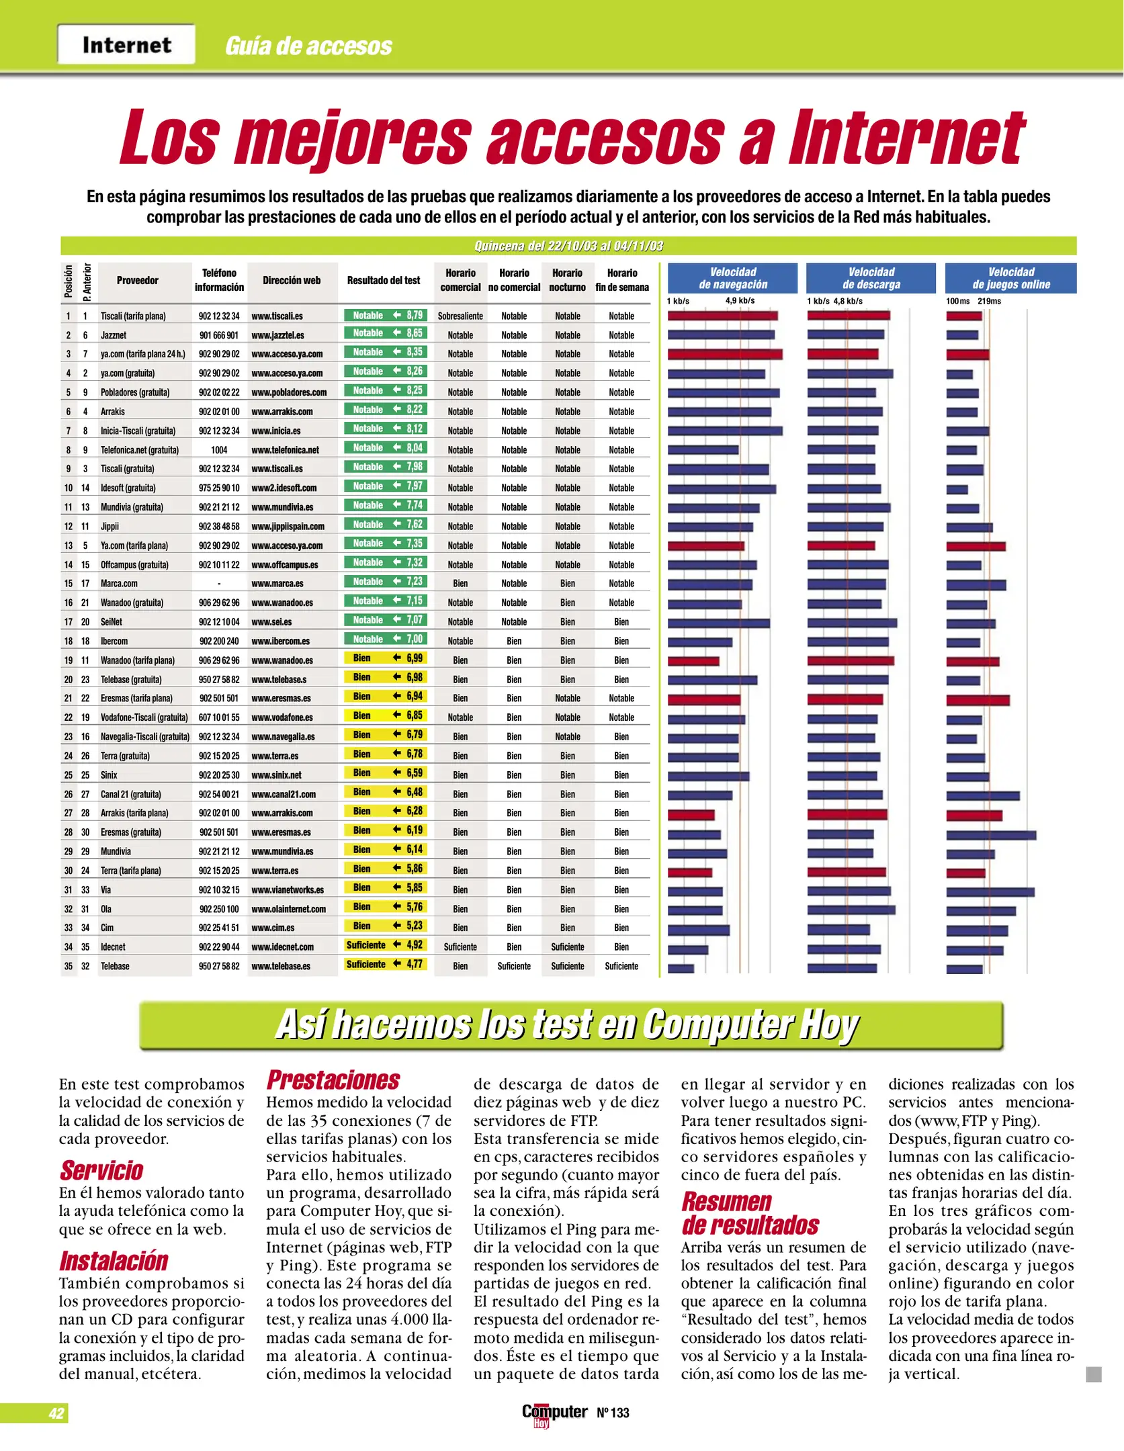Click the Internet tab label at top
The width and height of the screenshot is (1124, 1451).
126,45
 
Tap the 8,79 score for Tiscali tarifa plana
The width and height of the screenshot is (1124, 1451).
414,315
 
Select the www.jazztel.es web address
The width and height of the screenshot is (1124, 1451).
277,335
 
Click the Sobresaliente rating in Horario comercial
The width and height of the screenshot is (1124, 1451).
460,316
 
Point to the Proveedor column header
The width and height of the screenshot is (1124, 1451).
138,281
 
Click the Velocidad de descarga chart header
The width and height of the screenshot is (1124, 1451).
871,278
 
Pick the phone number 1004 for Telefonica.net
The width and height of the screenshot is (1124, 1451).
219,450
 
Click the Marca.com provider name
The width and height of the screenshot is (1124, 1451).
119,584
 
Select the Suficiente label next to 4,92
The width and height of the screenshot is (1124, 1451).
366,945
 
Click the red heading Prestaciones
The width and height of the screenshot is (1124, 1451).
333,1080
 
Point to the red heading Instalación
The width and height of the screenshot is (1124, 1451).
114,1261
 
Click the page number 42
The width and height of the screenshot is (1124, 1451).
56,1413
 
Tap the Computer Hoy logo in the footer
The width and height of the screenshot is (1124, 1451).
554,1413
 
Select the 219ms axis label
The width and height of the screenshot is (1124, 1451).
989,301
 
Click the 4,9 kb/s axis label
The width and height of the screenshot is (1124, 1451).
740,301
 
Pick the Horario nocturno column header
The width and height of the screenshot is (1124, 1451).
568,280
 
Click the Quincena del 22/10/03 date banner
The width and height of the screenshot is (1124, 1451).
568,246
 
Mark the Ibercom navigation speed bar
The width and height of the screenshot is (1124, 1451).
699,642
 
